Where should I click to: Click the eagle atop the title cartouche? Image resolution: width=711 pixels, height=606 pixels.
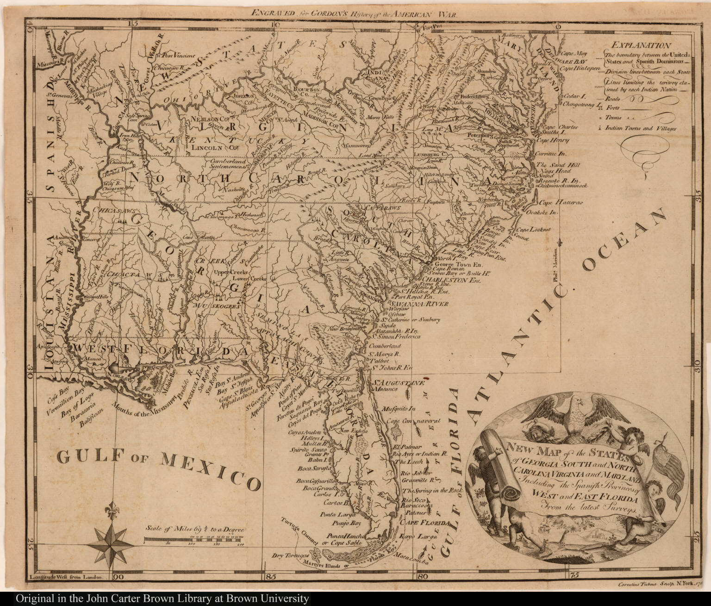pyautogui.click(x=573, y=414)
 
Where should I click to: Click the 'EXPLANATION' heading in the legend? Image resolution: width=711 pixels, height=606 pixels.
pyautogui.click(x=640, y=45)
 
